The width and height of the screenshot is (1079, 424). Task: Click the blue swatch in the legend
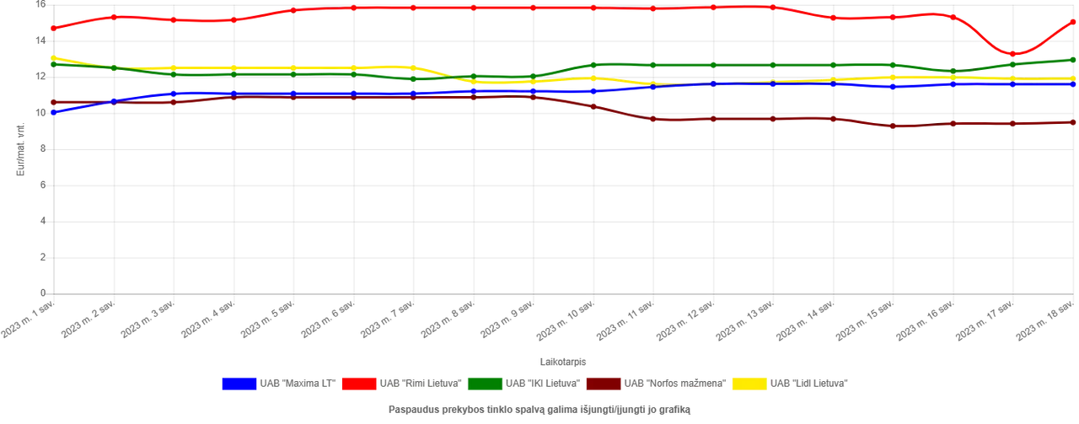pyautogui.click(x=239, y=384)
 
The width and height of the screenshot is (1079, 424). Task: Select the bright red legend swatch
pyautogui.click(x=358, y=384)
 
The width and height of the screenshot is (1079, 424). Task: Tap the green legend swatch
pyautogui.click(x=485, y=384)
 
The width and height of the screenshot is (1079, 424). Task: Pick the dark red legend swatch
pyautogui.click(x=604, y=384)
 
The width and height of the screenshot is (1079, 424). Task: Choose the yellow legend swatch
pyautogui.click(x=749, y=384)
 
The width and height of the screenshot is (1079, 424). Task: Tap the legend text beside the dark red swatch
pyautogui.click(x=674, y=384)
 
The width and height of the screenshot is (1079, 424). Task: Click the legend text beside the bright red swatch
pyautogui.click(x=419, y=384)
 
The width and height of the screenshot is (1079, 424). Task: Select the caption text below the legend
pyautogui.click(x=539, y=411)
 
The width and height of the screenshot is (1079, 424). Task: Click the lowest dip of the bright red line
pyautogui.click(x=1012, y=54)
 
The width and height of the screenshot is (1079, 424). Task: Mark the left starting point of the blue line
pyautogui.click(x=49, y=112)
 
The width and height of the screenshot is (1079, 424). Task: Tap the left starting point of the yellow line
pyautogui.click(x=49, y=57)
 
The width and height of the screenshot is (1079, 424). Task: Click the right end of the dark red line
pyautogui.click(x=1076, y=122)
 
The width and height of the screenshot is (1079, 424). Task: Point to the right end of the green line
pyautogui.click(x=1076, y=59)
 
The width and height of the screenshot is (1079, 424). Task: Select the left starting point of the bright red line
pyautogui.click(x=49, y=30)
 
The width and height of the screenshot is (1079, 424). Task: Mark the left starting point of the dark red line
pyautogui.click(x=49, y=103)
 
